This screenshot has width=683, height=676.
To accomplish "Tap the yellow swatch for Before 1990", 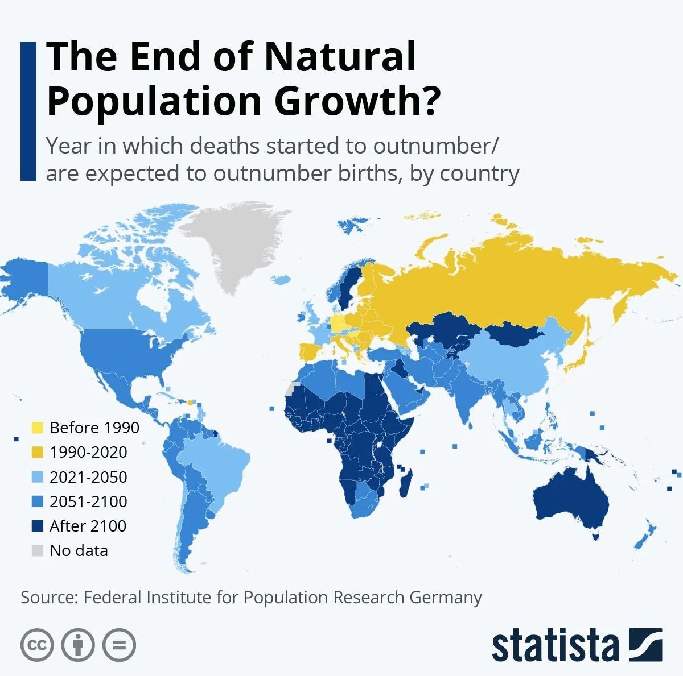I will click(x=38, y=428).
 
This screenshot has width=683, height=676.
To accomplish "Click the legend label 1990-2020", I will click(x=88, y=452).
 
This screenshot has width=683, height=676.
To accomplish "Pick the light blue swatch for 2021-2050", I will click(x=38, y=476).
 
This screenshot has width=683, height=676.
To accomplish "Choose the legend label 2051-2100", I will click(x=88, y=501).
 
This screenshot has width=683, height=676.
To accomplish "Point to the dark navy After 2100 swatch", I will click(x=38, y=526).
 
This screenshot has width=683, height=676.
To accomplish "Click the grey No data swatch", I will click(x=38, y=550).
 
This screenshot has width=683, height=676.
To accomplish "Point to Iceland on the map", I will click(x=281, y=280).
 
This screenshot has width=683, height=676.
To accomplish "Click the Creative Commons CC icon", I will click(x=37, y=645).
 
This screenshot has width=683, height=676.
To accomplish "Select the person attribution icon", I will click(x=78, y=645).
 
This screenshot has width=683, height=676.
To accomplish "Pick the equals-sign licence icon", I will click(x=119, y=645).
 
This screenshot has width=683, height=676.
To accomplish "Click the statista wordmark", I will click(x=555, y=645).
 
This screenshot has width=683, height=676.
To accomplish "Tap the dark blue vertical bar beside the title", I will click(x=28, y=111).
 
